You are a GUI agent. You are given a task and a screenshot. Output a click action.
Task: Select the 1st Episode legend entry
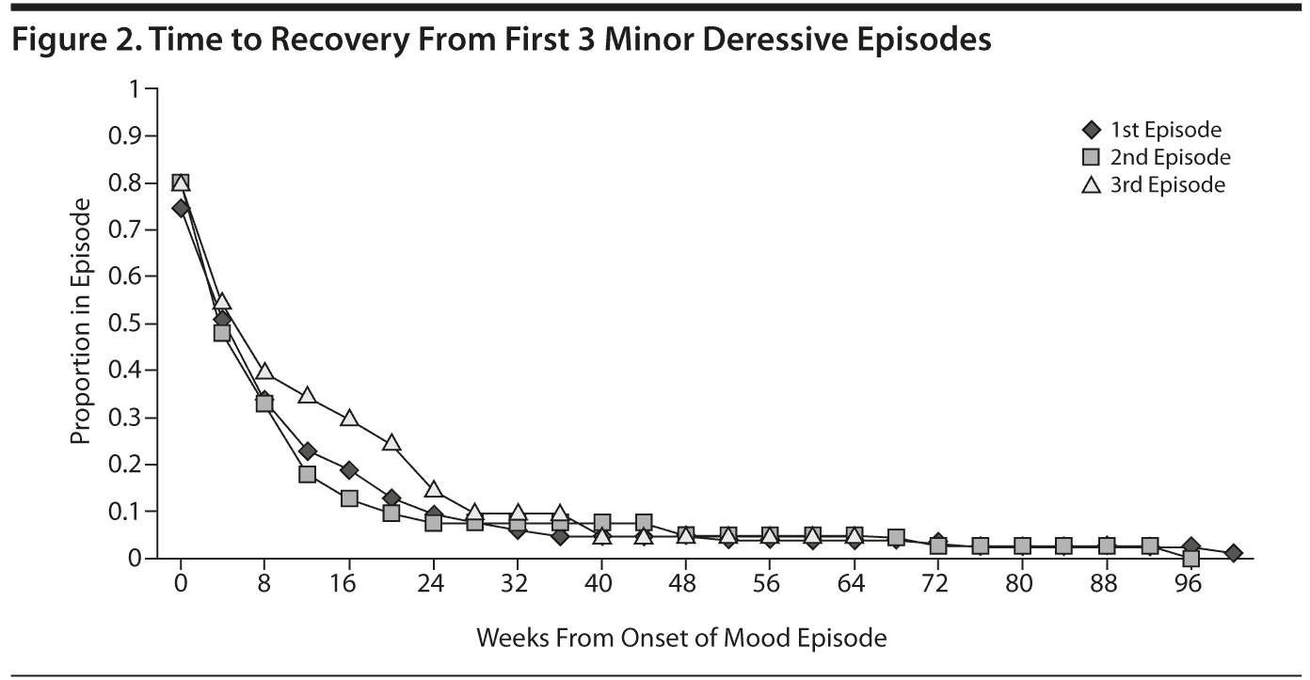click(1153, 130)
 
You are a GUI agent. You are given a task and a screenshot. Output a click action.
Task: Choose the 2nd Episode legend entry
click(1157, 157)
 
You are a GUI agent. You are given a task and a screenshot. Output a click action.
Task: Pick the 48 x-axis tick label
click(684, 584)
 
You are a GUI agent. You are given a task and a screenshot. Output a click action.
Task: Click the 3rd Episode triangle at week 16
click(349, 418)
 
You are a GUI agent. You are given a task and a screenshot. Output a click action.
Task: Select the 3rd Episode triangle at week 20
click(391, 442)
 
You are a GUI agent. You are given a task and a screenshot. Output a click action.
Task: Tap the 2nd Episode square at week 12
click(307, 474)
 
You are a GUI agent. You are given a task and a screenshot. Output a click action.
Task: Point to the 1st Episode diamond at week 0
click(181, 208)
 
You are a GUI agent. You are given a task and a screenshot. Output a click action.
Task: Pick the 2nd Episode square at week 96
click(1190, 558)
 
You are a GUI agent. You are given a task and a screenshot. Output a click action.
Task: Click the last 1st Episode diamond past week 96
click(1233, 553)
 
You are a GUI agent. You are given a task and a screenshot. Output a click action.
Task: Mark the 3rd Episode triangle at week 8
click(264, 372)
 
